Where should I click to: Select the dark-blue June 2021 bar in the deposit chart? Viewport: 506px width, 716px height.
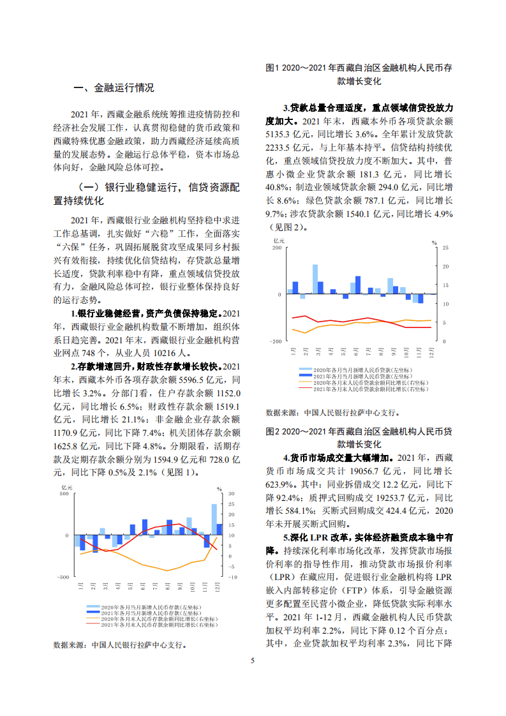(x=145, y=527)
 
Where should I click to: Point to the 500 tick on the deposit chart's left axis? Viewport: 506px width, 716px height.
(x=64, y=493)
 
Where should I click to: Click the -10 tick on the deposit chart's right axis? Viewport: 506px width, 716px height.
(x=232, y=576)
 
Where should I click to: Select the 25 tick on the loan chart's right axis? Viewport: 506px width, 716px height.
(x=445, y=248)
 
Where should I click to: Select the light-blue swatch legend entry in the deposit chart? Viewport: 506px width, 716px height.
(x=147, y=607)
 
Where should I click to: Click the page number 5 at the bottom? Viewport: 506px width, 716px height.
(x=253, y=660)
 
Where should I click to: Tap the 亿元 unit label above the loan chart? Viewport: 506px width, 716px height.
(x=279, y=241)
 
